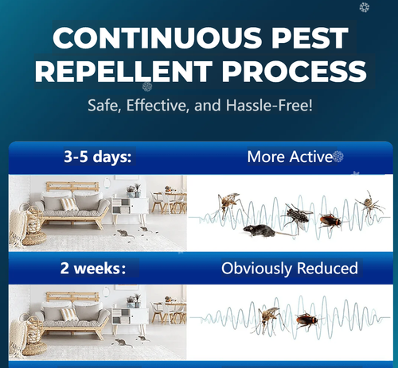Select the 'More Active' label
(x=288, y=157)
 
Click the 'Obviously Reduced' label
(x=290, y=269)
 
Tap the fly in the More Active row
(x=296, y=215)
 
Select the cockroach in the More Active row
(x=330, y=220)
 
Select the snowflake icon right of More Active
(x=338, y=157)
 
